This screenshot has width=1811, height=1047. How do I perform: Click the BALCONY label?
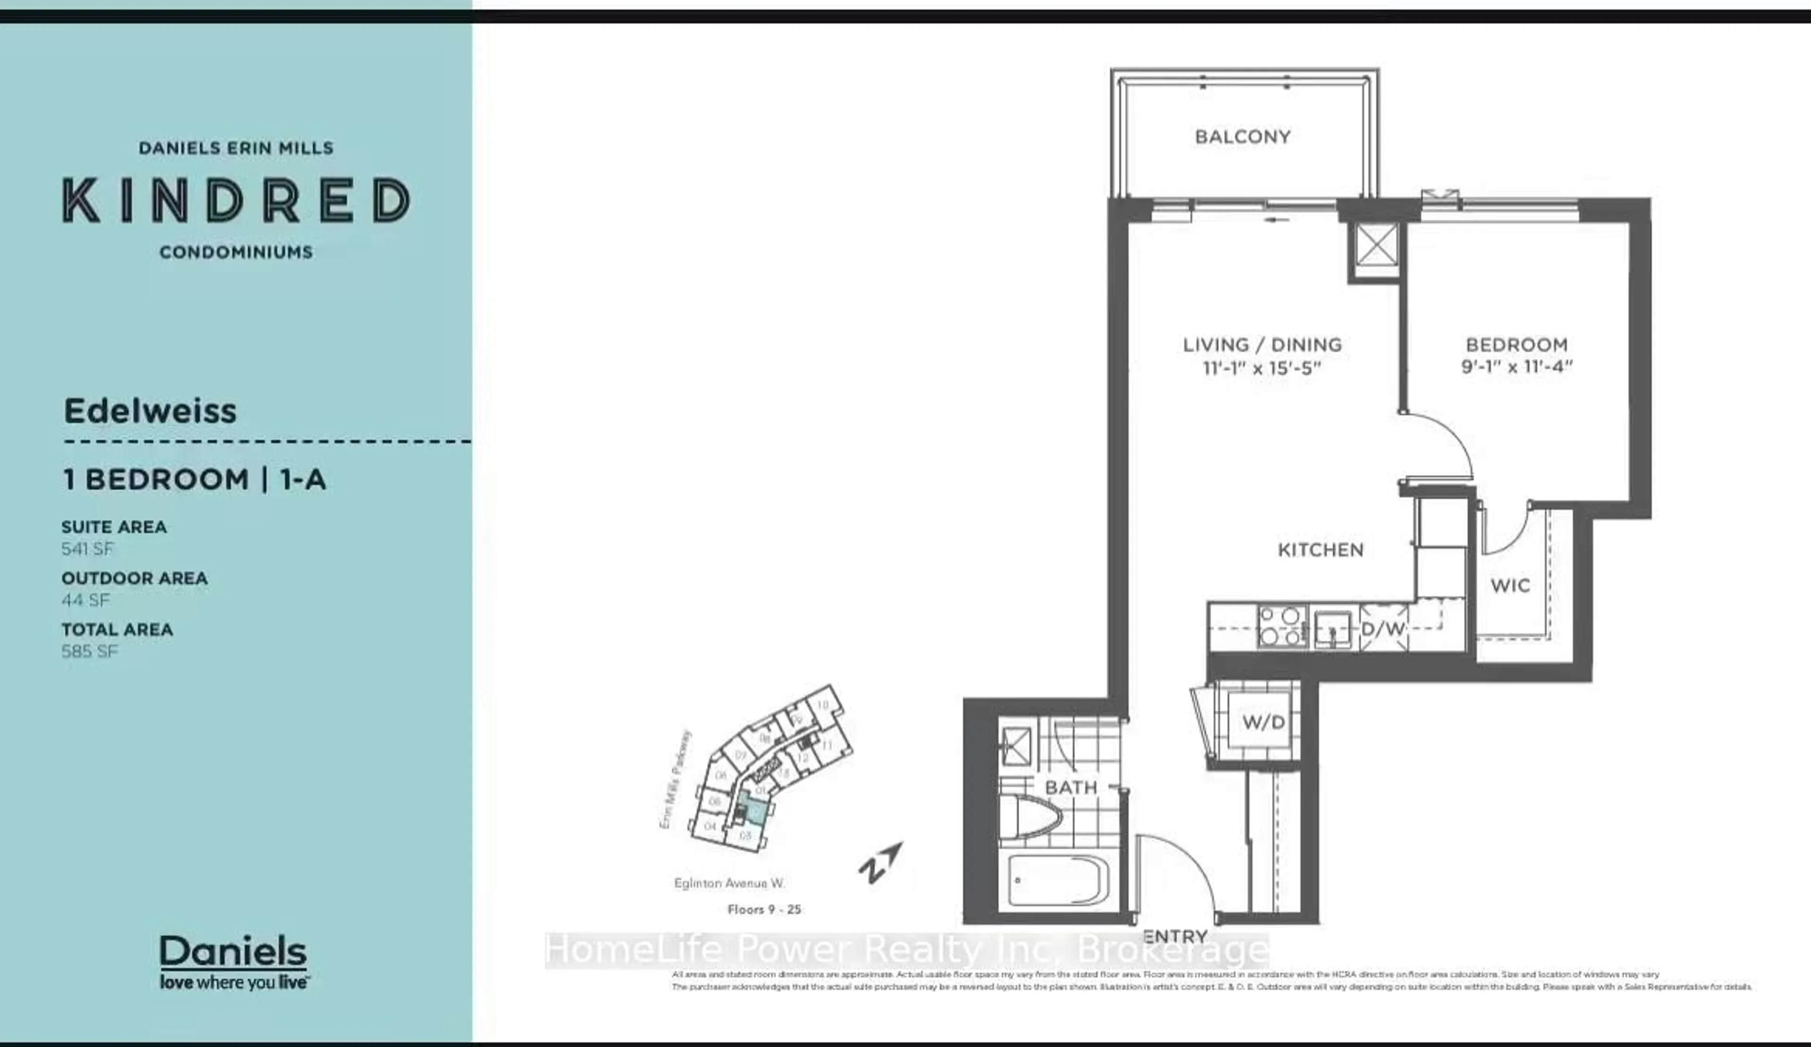pyautogui.click(x=1243, y=137)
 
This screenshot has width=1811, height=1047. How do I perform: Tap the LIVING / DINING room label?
pyautogui.click(x=1262, y=345)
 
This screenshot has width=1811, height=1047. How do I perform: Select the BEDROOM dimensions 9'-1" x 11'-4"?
pyautogui.click(x=1516, y=367)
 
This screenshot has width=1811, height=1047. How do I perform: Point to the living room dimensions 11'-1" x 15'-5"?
pyautogui.click(x=1262, y=368)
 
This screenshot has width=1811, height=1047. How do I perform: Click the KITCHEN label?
pyautogui.click(x=1320, y=550)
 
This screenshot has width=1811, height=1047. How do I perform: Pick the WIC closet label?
pyautogui.click(x=1510, y=586)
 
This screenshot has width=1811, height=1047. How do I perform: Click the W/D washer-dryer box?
pyautogui.click(x=1263, y=722)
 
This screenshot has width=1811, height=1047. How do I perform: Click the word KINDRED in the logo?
pyautogui.click(x=236, y=201)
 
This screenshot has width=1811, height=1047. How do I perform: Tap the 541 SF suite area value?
pyautogui.click(x=87, y=549)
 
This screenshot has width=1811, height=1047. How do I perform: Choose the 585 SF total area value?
pyautogui.click(x=89, y=652)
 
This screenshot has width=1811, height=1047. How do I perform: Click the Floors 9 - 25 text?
pyautogui.click(x=764, y=910)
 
